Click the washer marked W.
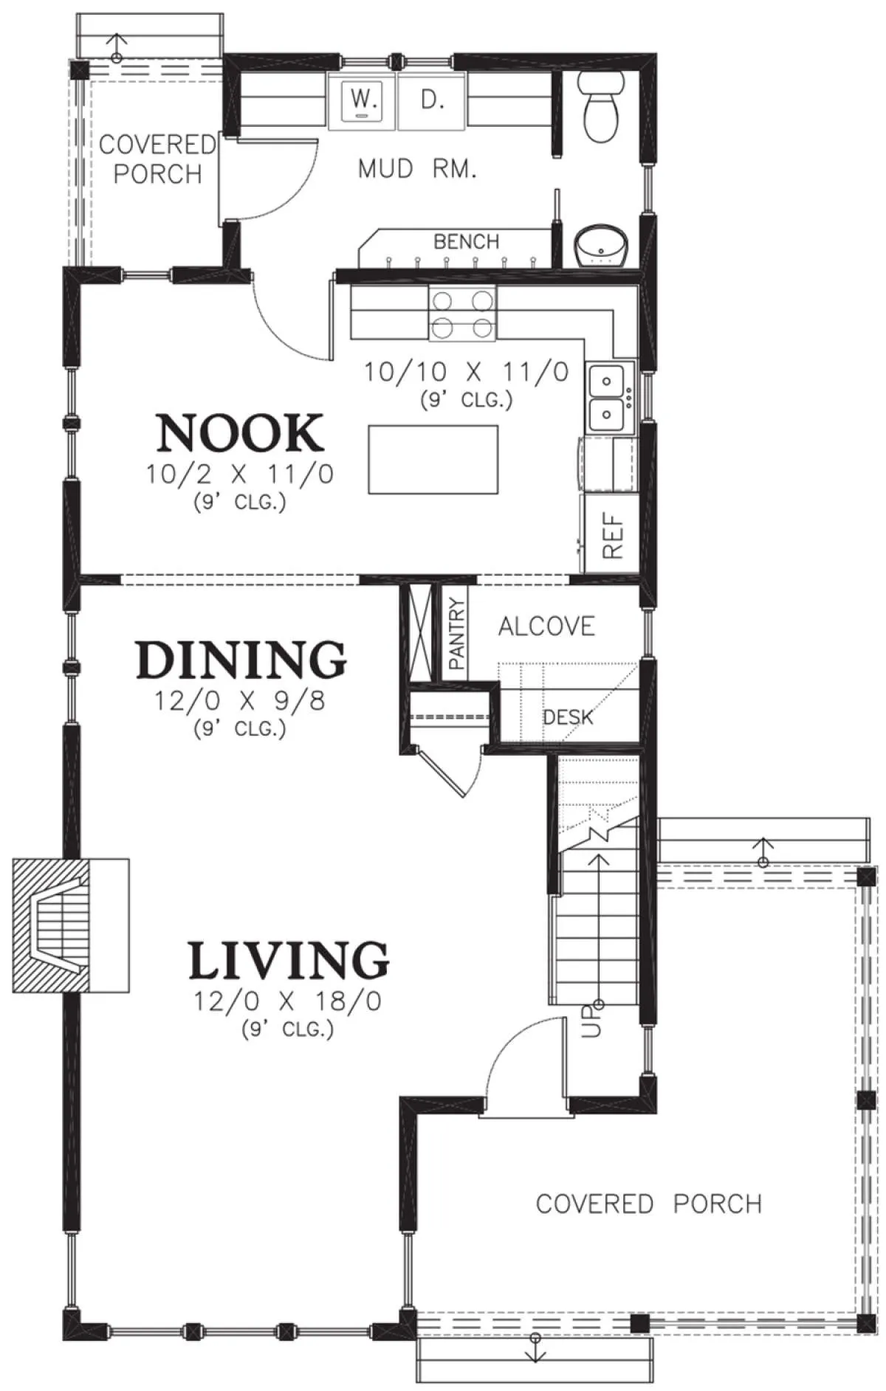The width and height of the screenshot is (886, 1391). (x=362, y=101)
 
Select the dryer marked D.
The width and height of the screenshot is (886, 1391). (x=432, y=101)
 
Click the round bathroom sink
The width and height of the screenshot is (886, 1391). (x=601, y=246)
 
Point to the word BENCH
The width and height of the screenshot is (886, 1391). (x=467, y=241)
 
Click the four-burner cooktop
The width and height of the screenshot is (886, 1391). (x=462, y=314)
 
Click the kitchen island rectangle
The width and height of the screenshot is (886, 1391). (x=433, y=459)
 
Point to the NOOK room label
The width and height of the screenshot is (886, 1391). (x=240, y=433)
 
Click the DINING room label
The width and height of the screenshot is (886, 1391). (x=241, y=659)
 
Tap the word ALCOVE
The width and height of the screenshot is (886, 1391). (x=546, y=627)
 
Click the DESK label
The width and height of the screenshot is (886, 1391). (x=568, y=717)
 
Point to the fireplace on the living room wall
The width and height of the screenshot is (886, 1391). (x=71, y=925)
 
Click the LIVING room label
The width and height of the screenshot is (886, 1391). (x=289, y=959)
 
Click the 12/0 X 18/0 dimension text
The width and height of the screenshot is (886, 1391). (x=288, y=1001)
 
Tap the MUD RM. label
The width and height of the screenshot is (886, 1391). (x=417, y=169)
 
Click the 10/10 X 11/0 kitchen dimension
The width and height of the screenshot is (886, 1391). (x=467, y=371)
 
